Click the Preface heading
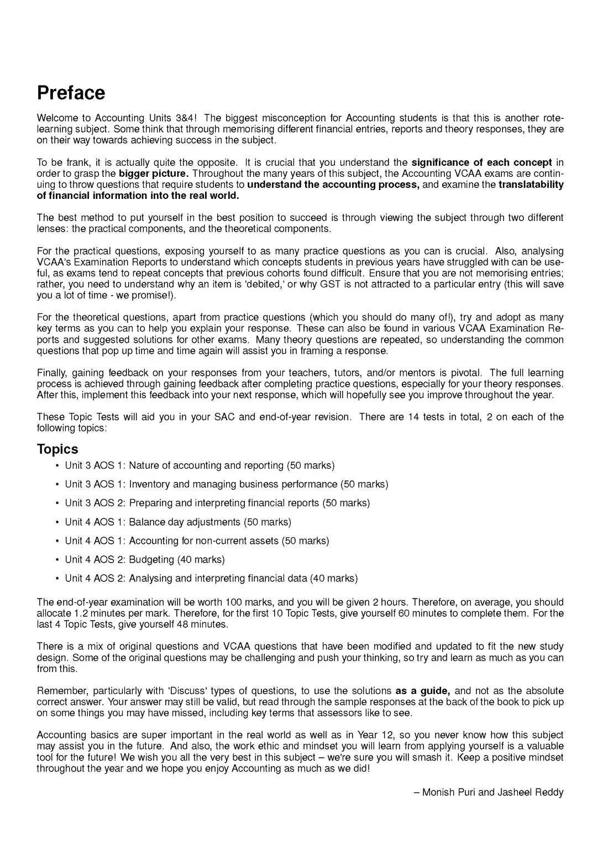(71, 93)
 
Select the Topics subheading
(57, 449)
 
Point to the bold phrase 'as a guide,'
(422, 691)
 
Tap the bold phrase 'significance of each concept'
(481, 162)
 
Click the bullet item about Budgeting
(145, 559)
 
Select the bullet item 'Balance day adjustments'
(178, 522)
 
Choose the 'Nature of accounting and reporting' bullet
(200, 465)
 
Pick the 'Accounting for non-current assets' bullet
(197, 541)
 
